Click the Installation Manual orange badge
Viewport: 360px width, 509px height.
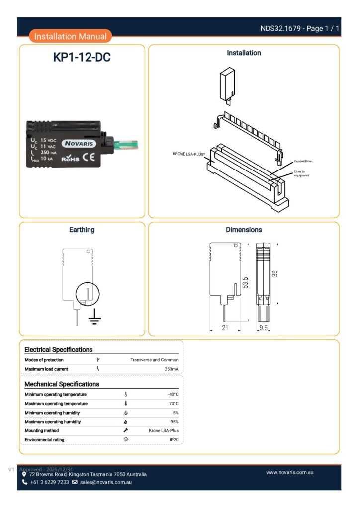[71, 36]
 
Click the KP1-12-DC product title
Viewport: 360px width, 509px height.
[82, 58]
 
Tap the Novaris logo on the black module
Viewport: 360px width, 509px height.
[79, 143]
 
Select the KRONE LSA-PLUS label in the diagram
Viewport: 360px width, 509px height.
[189, 154]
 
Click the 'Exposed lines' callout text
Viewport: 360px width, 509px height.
[303, 161]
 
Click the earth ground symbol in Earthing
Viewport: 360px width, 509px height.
[94, 317]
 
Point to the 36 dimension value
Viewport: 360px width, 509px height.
[274, 273]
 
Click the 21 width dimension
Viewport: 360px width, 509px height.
[224, 328]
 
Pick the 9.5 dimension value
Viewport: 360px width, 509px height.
[264, 328]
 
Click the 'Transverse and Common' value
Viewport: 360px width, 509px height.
[154, 360]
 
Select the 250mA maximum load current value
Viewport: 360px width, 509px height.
[171, 369]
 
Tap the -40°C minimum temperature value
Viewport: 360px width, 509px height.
[173, 394]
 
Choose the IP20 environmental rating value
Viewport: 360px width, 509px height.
[174, 440]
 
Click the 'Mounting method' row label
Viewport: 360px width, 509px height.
[42, 431]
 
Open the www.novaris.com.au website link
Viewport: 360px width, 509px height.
[289, 472]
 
